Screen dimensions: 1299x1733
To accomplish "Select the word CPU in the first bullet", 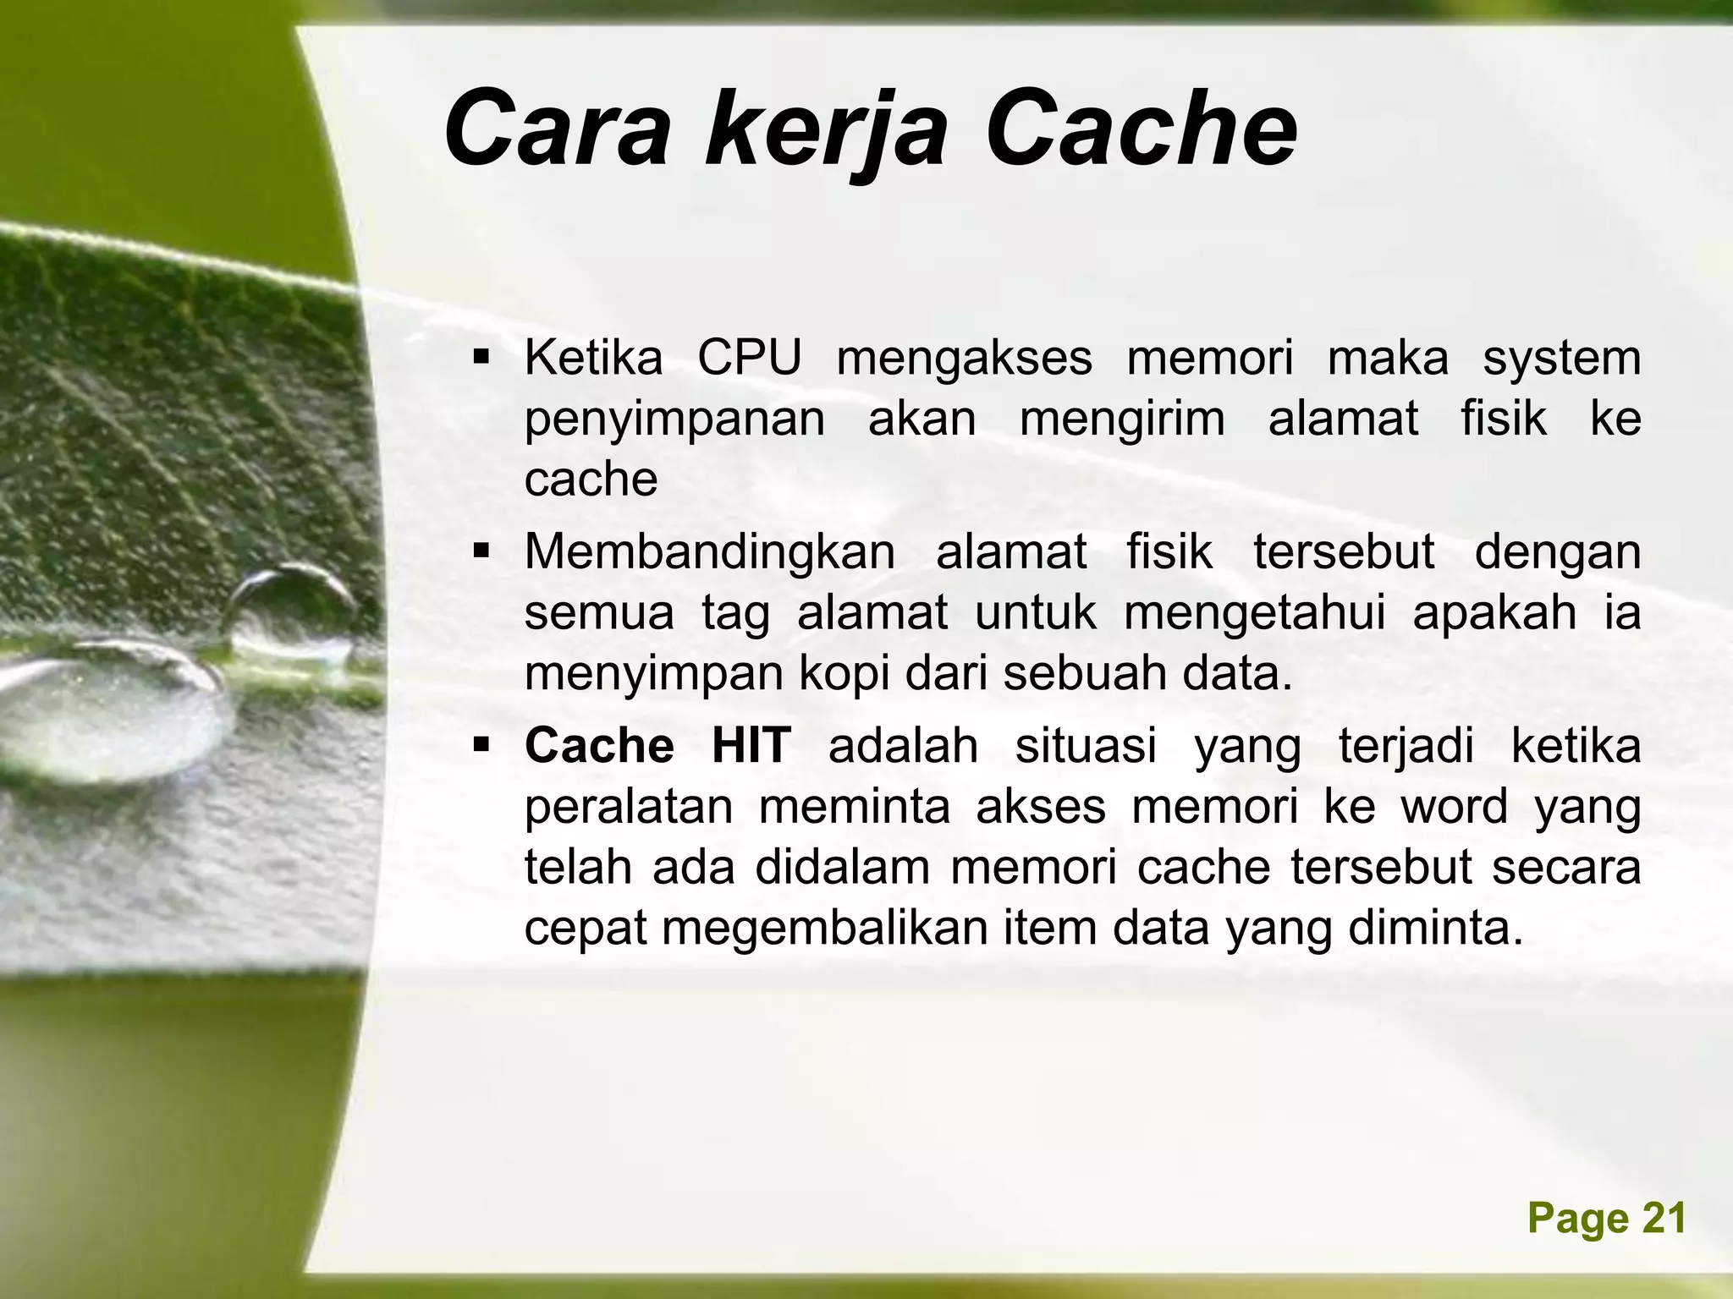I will [x=749, y=359].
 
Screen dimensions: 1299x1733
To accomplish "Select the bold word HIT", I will [x=751, y=746].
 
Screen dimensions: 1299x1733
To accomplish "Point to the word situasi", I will [x=1085, y=746].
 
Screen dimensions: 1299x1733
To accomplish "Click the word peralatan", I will [x=628, y=808].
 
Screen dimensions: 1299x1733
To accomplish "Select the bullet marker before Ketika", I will [x=482, y=359].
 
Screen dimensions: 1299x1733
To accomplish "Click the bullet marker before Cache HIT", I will [x=482, y=746].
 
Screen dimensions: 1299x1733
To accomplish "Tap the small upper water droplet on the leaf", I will [x=288, y=613].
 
